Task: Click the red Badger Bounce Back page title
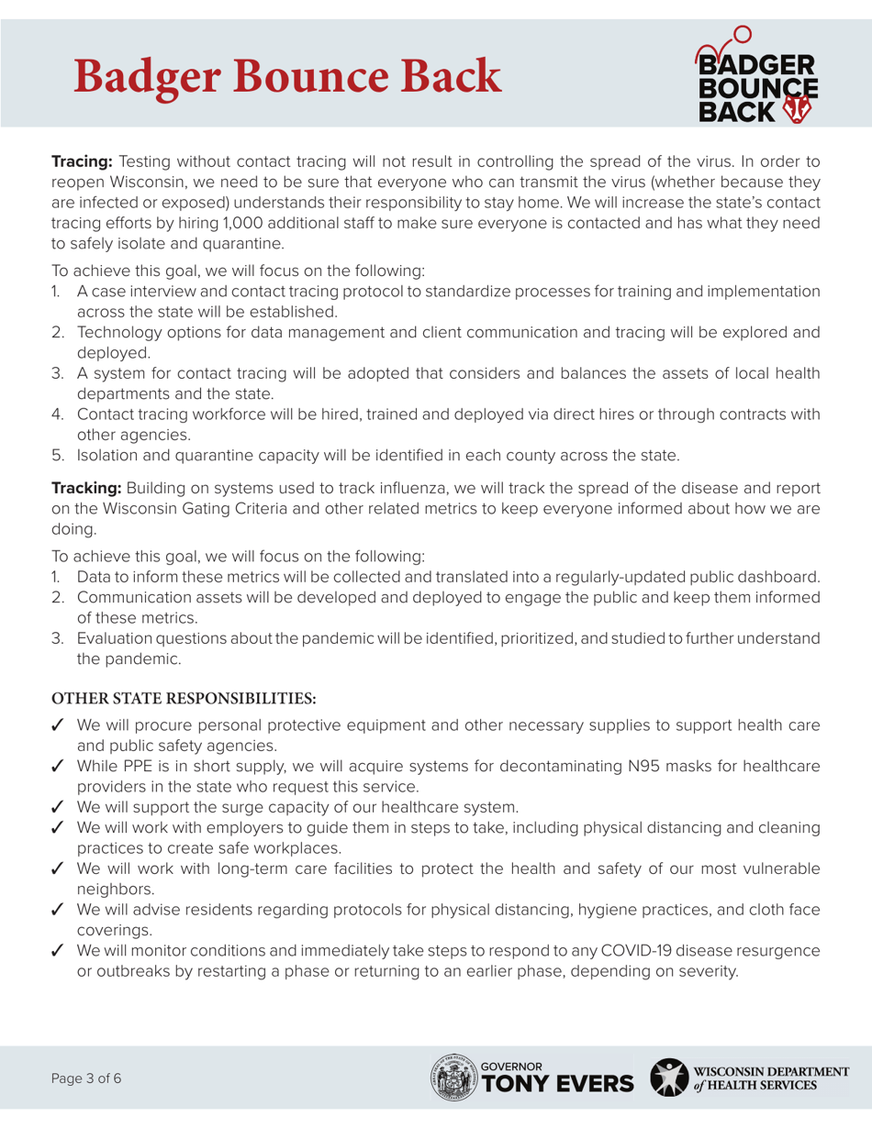point(287,75)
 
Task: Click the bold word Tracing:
point(81,161)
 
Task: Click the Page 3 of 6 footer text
point(85,1078)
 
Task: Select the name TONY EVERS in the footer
point(557,1084)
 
